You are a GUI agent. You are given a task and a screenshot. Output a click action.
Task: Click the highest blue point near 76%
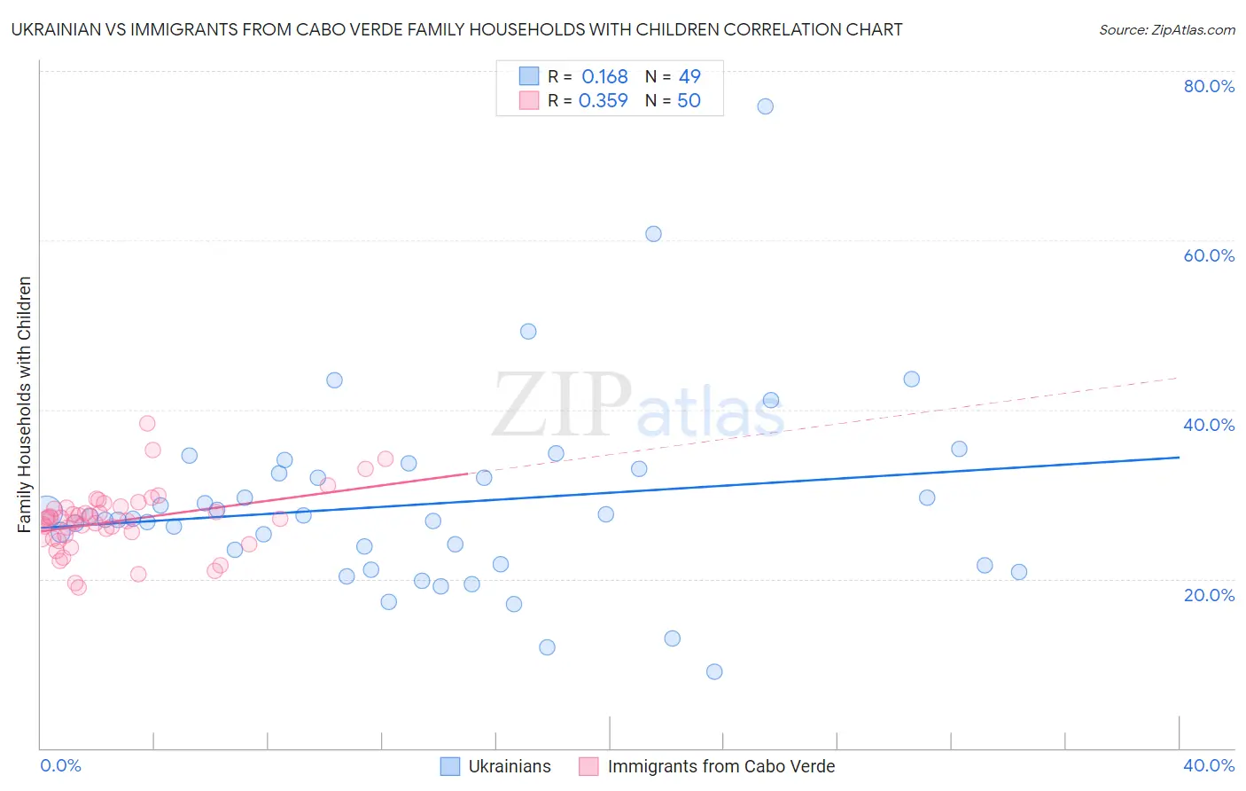tap(765, 106)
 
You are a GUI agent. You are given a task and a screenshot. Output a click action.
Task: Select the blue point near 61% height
tap(653, 234)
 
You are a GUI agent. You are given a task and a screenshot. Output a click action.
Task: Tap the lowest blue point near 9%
tap(714, 671)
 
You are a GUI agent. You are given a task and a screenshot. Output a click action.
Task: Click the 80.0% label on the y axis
tap(1209, 86)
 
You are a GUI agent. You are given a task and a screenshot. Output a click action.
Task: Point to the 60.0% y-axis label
tap(1209, 255)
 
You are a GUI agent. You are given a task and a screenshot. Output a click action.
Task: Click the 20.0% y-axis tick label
tap(1209, 594)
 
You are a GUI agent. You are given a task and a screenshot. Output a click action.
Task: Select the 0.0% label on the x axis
tap(60, 765)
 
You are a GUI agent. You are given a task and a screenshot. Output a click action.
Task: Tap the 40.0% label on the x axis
tap(1209, 765)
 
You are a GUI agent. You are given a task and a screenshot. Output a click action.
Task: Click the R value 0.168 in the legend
tap(604, 77)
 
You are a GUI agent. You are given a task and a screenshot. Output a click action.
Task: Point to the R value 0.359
tap(603, 101)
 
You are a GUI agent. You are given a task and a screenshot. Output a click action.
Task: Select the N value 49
tap(689, 77)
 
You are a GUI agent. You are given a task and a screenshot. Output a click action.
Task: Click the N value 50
tap(689, 101)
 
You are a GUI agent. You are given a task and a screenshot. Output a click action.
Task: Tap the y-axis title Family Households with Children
tap(25, 404)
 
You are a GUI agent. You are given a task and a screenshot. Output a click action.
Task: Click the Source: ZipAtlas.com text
tap(1166, 30)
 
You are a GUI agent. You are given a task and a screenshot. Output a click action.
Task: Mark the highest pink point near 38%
tap(147, 423)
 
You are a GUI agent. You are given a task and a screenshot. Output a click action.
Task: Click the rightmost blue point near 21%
tap(1019, 572)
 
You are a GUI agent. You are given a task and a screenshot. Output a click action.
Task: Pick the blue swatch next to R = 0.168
tap(529, 76)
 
